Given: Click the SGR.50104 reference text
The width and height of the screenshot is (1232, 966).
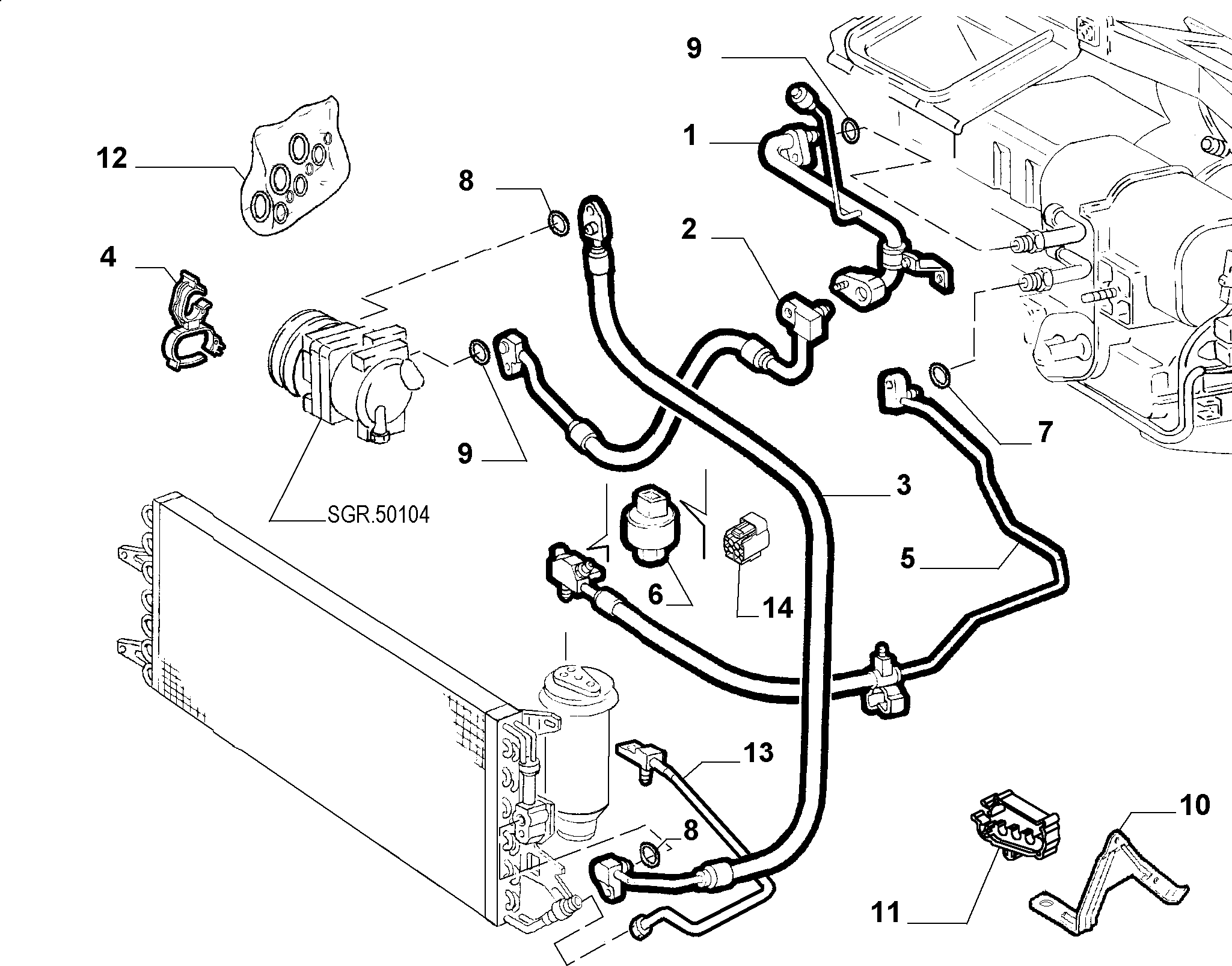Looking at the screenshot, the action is pos(379,514).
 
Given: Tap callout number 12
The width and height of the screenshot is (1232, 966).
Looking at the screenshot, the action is pos(112,159).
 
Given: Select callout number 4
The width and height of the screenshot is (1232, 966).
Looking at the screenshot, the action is pos(108,257).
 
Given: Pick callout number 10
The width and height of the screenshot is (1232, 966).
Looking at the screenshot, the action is pos(1194,805).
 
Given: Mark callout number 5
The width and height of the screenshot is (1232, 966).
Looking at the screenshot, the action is pos(907,558).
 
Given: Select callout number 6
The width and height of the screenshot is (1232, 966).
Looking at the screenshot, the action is pos(655,594).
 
